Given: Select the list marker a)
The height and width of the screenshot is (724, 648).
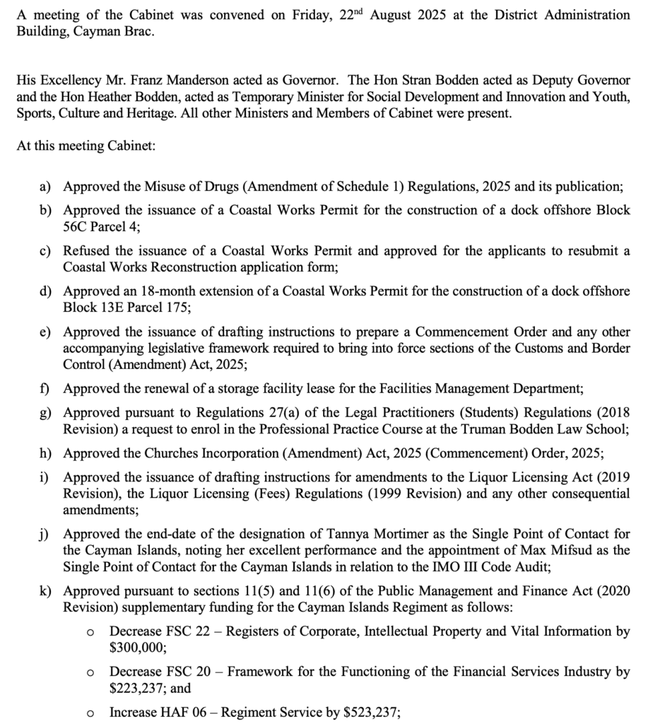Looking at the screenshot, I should pos(45,187).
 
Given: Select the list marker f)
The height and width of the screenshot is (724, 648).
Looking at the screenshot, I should pos(44,388).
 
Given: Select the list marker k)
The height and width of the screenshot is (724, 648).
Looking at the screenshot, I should pos(45,591).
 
